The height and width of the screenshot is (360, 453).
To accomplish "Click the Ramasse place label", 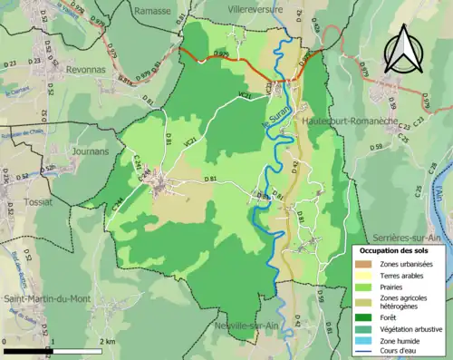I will pos(152,10).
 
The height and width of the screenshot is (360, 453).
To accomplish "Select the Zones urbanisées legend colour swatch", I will pos(366,264).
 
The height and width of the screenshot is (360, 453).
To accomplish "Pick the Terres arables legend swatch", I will pos(366,276).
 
